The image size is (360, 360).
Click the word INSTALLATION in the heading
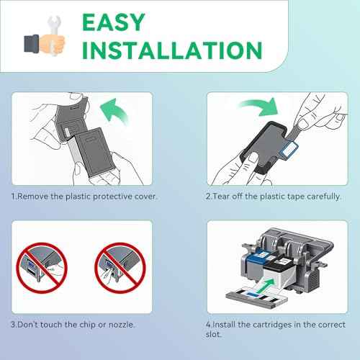coord(171,50)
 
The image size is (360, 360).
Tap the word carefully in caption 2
coord(319,195)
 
